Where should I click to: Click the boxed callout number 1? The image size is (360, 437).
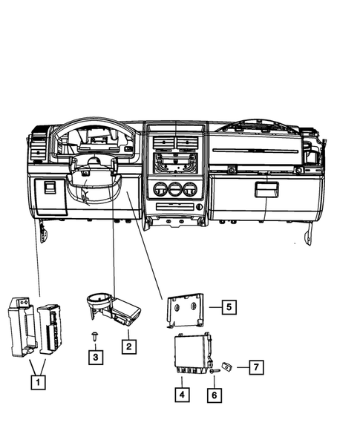(36, 383)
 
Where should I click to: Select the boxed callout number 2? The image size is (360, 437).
(128, 346)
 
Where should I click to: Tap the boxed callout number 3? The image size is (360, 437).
(95, 358)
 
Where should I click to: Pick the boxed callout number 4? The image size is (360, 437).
(181, 395)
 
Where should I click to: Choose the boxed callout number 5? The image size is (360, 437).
(229, 305)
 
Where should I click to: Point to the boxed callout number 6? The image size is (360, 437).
(212, 395)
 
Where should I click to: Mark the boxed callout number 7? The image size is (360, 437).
(255, 367)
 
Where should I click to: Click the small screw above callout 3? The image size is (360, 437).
(95, 336)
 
